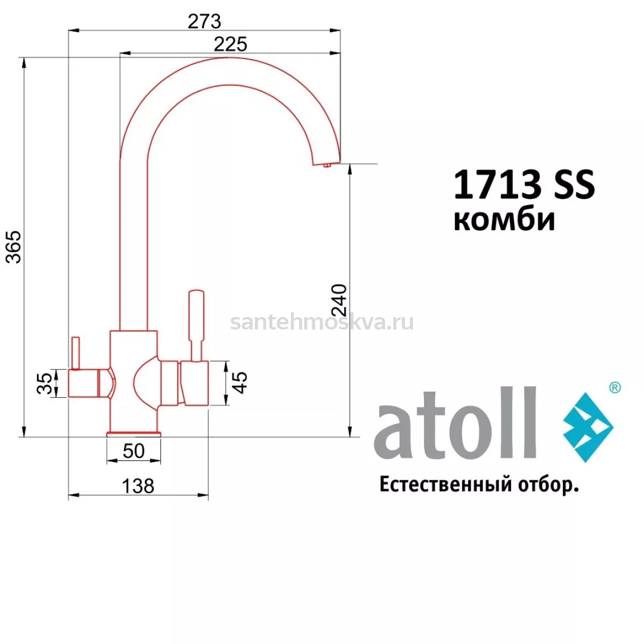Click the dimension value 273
[204, 21]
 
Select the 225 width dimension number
[230, 44]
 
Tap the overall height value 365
[14, 247]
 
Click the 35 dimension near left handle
[45, 383]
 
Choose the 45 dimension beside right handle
[239, 383]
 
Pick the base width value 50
[134, 451]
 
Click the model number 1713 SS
[524, 184]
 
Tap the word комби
[504, 220]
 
